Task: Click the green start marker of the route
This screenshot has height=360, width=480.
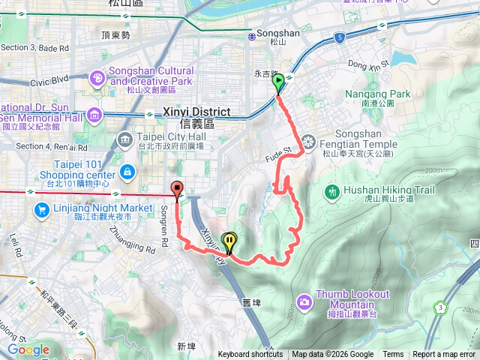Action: pos(278,82)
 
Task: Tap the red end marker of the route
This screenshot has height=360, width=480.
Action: pos(177,190)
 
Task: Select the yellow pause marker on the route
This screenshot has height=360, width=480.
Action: pos(229,241)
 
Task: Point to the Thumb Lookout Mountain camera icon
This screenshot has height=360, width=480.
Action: pos(304,301)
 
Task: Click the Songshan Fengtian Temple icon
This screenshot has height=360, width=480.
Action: pos(308,142)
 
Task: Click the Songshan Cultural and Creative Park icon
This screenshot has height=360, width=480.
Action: pos(97,77)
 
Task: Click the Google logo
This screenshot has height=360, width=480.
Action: pos(28,349)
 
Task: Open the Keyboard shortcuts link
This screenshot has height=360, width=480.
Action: pos(250,355)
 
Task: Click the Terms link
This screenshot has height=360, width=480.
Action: pos(393,355)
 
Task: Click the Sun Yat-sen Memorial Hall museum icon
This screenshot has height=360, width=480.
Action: pos(95,115)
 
